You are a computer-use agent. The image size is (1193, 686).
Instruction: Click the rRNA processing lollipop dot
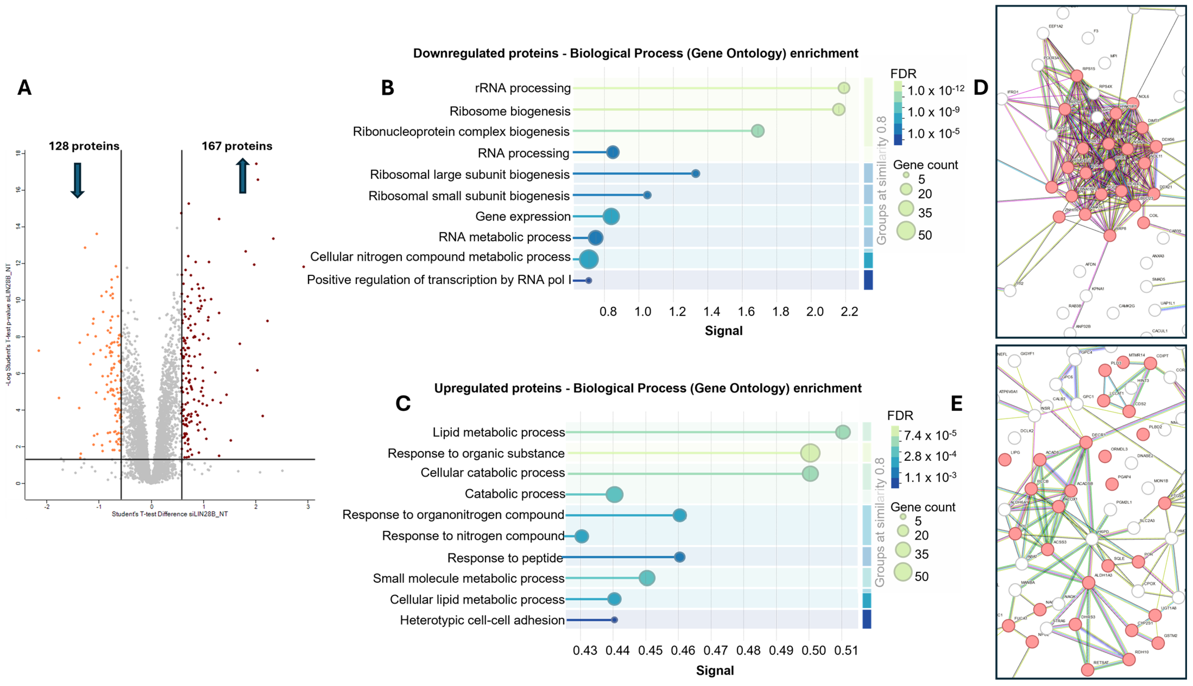844,88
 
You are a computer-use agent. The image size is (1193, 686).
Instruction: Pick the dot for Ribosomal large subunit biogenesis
695,174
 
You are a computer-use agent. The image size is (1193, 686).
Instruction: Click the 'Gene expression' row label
523,217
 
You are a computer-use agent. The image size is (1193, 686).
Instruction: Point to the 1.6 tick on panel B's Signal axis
746,311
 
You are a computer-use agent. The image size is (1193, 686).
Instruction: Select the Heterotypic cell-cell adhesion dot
614,620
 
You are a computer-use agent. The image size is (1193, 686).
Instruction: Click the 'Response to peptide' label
505,558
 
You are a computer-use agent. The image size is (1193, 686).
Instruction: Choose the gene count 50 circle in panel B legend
905,231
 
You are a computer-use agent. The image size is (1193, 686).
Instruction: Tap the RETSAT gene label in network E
1101,662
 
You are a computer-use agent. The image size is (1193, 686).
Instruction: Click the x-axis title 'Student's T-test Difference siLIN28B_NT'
170,514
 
